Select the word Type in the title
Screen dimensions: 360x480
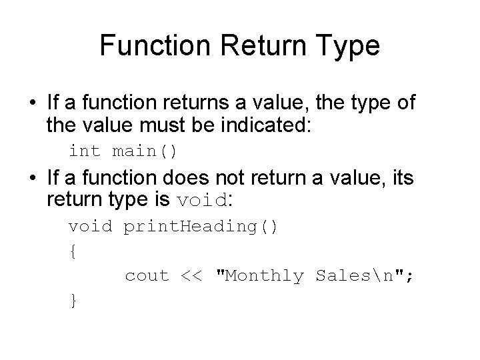click(x=347, y=46)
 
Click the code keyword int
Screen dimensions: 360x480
click(x=83, y=151)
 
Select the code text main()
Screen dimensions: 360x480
click(x=144, y=151)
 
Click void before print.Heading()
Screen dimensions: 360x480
click(x=91, y=226)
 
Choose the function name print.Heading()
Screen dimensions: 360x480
click(x=201, y=226)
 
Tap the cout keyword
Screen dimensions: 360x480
click(x=147, y=276)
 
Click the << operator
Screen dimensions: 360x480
click(x=194, y=276)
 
